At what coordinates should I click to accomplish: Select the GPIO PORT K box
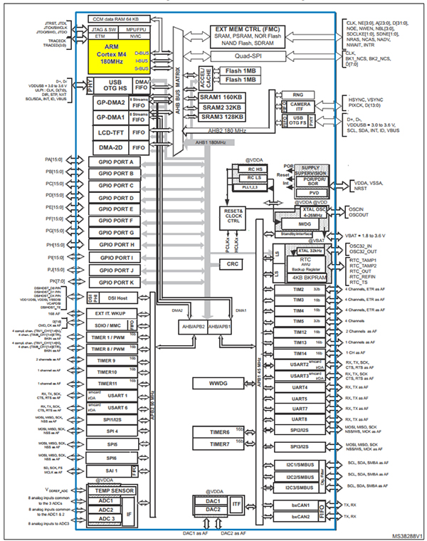click(x=117, y=283)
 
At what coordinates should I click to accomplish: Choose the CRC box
click(x=231, y=263)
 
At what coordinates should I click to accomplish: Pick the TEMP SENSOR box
click(x=113, y=490)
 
